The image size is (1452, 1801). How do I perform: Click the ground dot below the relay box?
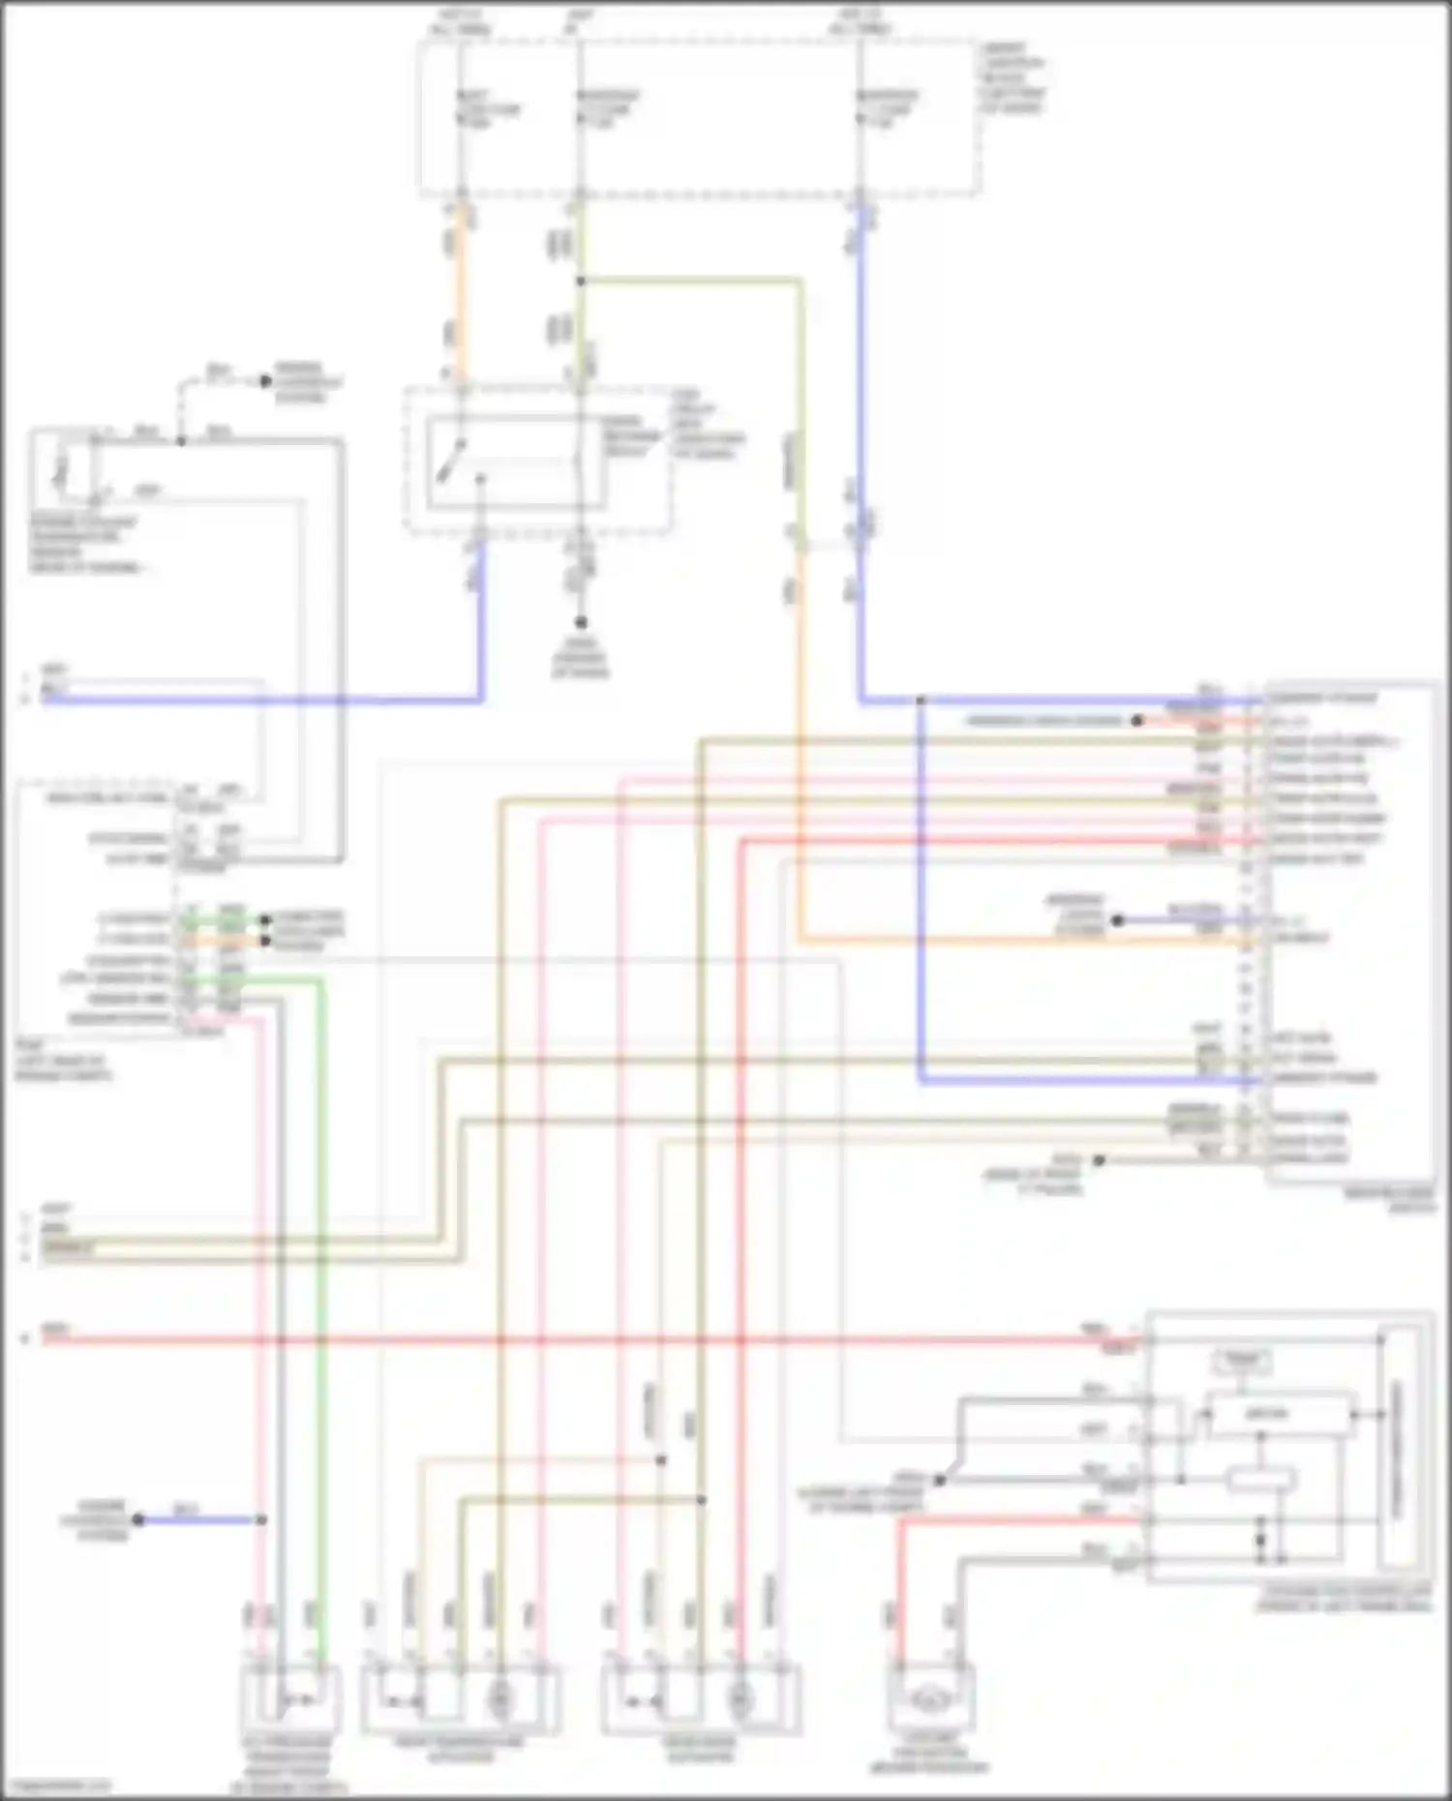pyautogui.click(x=581, y=622)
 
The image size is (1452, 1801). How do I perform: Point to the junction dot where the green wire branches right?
pyautogui.click(x=581, y=282)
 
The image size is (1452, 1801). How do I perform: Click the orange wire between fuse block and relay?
pyautogui.click(x=461, y=290)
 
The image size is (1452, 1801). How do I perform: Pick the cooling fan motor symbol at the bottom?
pyautogui.click(x=930, y=1696)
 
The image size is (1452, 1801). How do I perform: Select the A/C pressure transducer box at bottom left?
pyautogui.click(x=290, y=1699)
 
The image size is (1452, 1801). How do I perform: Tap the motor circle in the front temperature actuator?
pyautogui.click(x=500, y=1699)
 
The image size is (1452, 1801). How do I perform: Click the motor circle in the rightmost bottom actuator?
pyautogui.click(x=741, y=1699)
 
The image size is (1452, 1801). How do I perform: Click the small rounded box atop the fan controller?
pyautogui.click(x=1243, y=1361)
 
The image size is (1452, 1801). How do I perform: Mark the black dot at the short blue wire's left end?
pyautogui.click(x=138, y=1520)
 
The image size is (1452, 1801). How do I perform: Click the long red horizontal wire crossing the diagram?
pyautogui.click(x=581, y=1340)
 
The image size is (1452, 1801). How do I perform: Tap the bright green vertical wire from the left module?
pyautogui.click(x=321, y=1258)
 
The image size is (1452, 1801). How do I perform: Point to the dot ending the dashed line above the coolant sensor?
pyautogui.click(x=265, y=381)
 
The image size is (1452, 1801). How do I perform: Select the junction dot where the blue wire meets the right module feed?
pyautogui.click(x=921, y=700)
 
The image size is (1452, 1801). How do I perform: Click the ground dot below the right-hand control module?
pyautogui.click(x=1099, y=1159)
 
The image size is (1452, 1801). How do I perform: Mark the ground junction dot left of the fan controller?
pyautogui.click(x=938, y=1480)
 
